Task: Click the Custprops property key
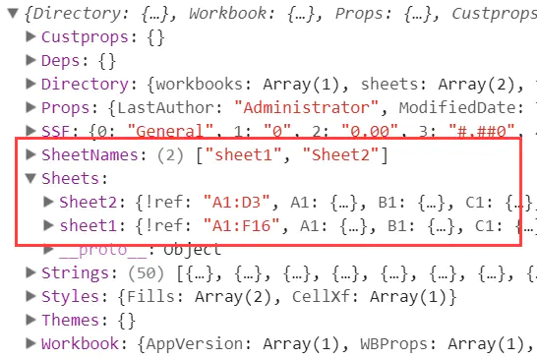[85, 37]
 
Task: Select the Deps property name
[60, 61]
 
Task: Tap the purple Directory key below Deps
[85, 85]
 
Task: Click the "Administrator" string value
[307, 107]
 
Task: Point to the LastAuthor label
[166, 107]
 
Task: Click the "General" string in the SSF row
[170, 131]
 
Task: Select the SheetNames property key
[89, 154]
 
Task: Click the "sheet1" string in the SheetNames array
[244, 154]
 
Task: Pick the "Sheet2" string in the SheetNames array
[340, 154]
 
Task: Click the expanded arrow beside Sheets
[30, 178]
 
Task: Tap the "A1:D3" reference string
[236, 202]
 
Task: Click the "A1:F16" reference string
[241, 225]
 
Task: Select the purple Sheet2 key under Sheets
[88, 202]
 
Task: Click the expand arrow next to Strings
[30, 272]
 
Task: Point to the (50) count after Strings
[147, 273]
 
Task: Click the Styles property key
[70, 297]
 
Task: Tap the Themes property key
[70, 321]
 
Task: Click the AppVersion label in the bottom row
[194, 344]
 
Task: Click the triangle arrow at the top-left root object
[13, 14]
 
